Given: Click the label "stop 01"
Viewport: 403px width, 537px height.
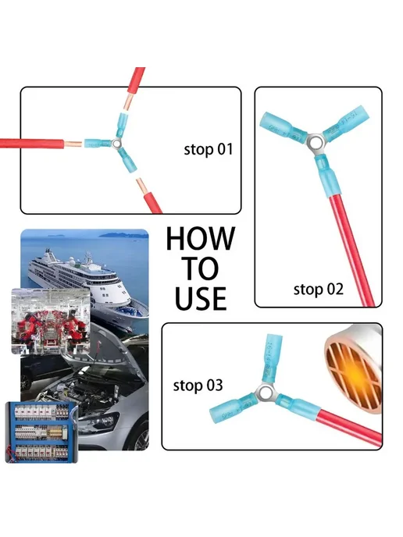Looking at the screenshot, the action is [x=209, y=150].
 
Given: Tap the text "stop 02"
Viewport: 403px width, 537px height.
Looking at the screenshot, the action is [x=319, y=290].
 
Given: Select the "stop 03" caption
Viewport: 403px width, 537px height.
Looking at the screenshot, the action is [x=198, y=386].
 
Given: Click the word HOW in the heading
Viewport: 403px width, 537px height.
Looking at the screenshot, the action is [x=201, y=239].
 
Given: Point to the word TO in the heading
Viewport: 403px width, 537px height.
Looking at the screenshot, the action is [x=201, y=268].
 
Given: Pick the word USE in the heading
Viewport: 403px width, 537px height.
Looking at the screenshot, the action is [x=201, y=298].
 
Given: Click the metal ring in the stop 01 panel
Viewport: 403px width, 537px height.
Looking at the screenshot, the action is [x=117, y=144].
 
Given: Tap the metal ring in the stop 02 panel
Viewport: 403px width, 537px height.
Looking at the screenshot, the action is [x=314, y=142].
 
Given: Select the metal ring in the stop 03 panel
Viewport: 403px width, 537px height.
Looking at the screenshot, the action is [x=265, y=393].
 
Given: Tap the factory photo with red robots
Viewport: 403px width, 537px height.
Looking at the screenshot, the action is [x=51, y=321].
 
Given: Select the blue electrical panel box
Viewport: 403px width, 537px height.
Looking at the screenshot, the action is [x=42, y=432].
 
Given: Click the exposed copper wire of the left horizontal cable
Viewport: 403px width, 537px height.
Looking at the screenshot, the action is [x=73, y=144].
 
